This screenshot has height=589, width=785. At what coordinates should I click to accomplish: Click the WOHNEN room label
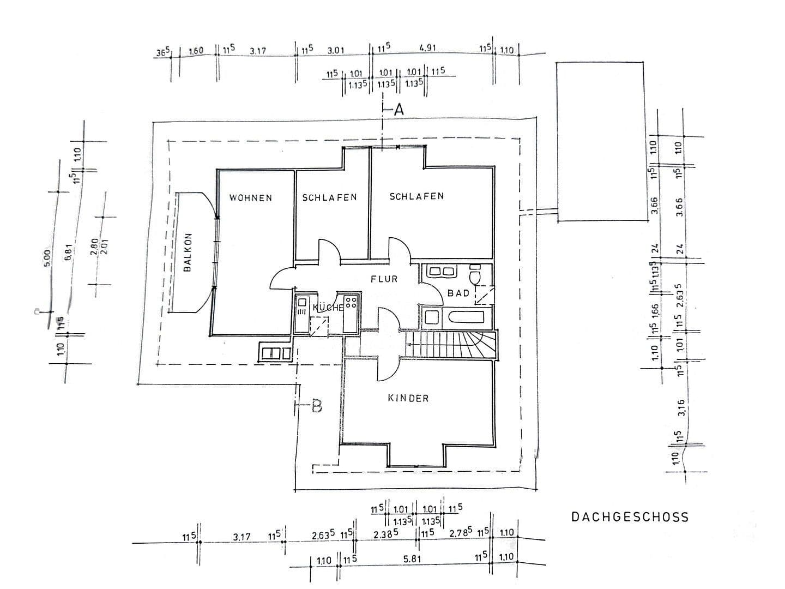point(250,198)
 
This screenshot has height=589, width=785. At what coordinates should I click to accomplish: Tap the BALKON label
point(188,253)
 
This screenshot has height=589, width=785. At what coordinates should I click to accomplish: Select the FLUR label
point(384,279)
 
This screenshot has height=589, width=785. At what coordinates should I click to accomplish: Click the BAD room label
point(458,293)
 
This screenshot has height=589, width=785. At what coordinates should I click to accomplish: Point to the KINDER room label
point(408,398)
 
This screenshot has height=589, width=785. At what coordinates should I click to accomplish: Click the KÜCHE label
point(328,308)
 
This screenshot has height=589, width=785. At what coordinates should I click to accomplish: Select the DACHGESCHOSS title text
point(630,516)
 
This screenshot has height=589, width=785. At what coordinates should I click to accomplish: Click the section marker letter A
point(399,110)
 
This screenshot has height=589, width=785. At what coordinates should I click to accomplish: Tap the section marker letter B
point(317,406)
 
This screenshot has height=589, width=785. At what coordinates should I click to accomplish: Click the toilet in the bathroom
point(475,276)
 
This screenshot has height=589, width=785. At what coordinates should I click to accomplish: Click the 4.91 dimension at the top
point(428,49)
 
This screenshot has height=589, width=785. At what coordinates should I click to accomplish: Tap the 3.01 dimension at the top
point(336,51)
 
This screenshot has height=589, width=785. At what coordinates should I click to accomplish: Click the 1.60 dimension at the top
point(196,51)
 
